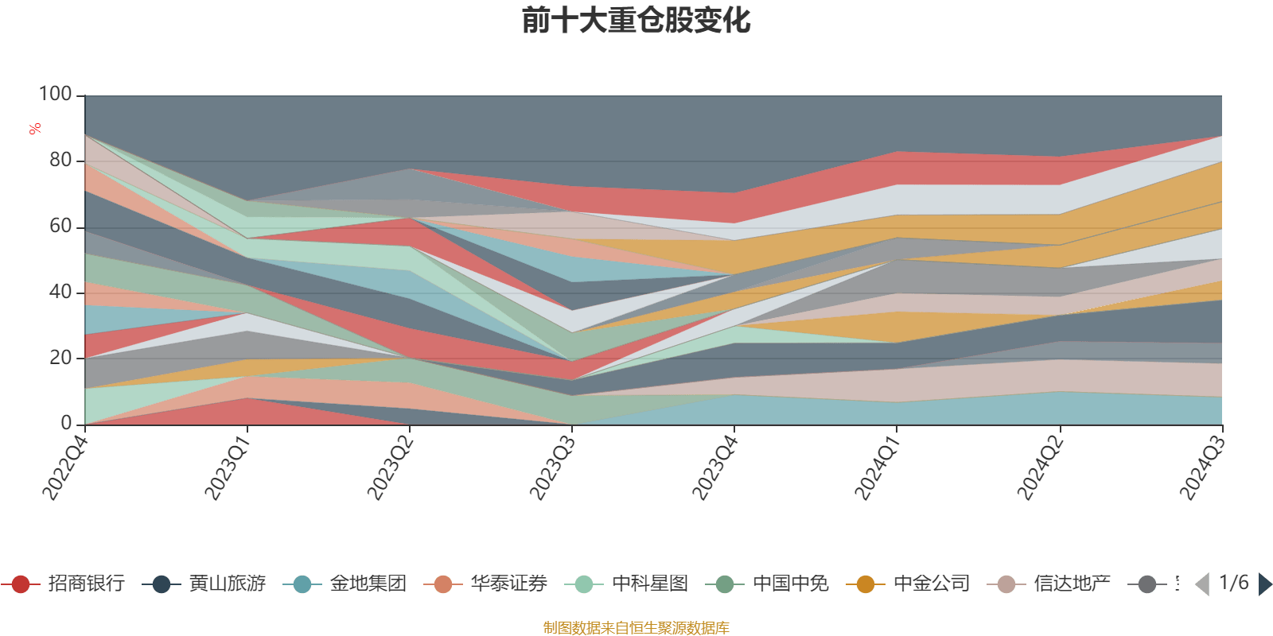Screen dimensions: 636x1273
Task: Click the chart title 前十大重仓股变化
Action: tap(636, 21)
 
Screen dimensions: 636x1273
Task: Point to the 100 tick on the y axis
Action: tap(56, 95)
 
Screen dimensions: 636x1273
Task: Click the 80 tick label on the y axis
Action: tap(60, 161)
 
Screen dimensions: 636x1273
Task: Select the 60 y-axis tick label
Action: tap(60, 227)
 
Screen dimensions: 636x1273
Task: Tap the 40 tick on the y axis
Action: tap(60, 293)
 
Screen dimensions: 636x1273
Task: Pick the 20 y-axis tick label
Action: tap(60, 359)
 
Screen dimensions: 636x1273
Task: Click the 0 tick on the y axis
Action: tap(66, 424)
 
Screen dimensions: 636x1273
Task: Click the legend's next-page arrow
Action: tap(1263, 584)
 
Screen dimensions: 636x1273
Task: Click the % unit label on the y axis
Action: tap(35, 129)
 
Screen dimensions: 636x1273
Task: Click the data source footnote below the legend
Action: tap(636, 628)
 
